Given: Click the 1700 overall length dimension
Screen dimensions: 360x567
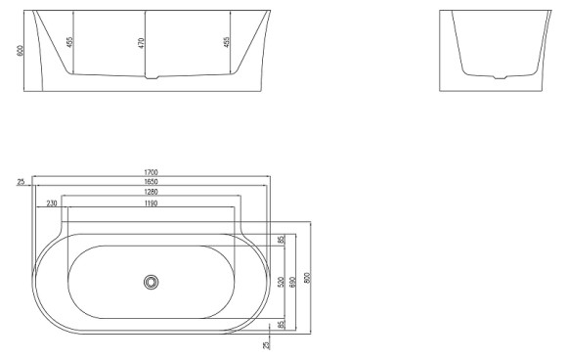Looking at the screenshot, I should point(151,173).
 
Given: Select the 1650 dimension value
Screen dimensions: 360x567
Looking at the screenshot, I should point(151,183).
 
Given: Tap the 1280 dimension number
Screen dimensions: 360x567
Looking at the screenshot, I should point(151,193).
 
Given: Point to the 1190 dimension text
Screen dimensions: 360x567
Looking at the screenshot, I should point(151,203).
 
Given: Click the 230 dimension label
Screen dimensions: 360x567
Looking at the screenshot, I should point(51,203).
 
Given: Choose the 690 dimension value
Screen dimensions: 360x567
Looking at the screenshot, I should point(293,281).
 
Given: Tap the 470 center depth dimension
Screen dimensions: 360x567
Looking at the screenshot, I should point(140,43).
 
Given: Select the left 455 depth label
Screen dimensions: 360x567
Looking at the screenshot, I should point(69,43).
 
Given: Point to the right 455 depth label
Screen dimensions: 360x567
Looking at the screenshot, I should point(226,43).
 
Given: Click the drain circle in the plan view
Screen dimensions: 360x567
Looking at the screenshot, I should point(151,282).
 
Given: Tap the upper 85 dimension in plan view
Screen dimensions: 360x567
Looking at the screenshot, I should point(281,240).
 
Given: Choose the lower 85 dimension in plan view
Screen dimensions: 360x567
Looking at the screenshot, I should point(281,324).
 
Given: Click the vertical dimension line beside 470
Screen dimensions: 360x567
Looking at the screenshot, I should point(145,44).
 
